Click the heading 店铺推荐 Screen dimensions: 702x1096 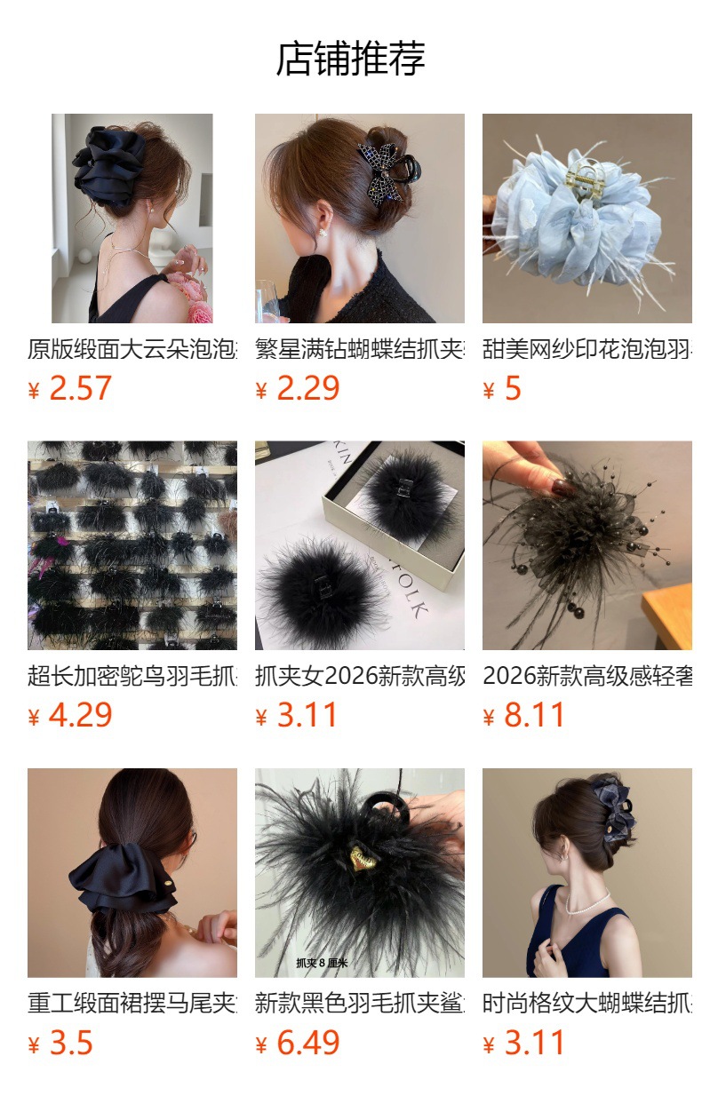[350, 60]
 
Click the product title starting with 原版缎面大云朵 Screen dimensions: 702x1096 [132, 349]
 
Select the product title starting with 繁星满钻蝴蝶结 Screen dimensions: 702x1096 [360, 349]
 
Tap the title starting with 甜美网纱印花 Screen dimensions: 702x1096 [587, 349]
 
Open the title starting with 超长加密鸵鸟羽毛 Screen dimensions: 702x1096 [132, 676]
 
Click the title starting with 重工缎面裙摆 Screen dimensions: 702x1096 [132, 1003]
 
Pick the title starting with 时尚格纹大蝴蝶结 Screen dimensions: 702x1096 [587, 1003]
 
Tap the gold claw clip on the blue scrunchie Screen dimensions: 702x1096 [585, 177]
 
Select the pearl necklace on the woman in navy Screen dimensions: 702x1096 [587, 903]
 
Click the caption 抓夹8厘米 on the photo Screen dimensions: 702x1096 [322, 963]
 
